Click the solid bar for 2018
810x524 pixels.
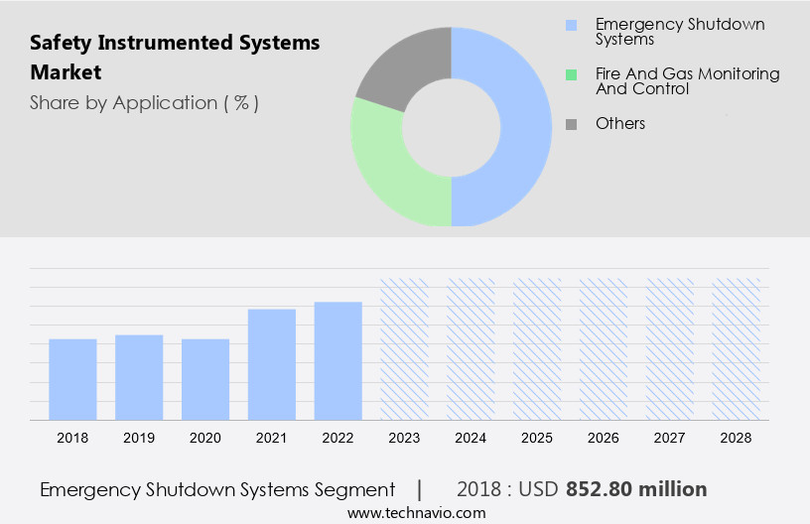72,379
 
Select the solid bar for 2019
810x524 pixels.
139,377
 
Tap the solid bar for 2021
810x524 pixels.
272,364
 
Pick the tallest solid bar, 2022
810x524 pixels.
338,360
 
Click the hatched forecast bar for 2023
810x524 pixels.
405,348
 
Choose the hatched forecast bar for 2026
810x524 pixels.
604,348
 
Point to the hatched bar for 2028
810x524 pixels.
737,348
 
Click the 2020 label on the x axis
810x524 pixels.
205,438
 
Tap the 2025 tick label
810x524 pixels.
537,438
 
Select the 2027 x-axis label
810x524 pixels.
670,438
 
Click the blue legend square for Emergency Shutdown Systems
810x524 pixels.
571,25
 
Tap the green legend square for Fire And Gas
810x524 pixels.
571,74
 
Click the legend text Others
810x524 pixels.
620,123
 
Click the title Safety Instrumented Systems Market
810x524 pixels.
175,58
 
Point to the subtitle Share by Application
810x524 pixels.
144,103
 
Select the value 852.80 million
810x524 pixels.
636,489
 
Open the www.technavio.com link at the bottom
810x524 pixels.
417,513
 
